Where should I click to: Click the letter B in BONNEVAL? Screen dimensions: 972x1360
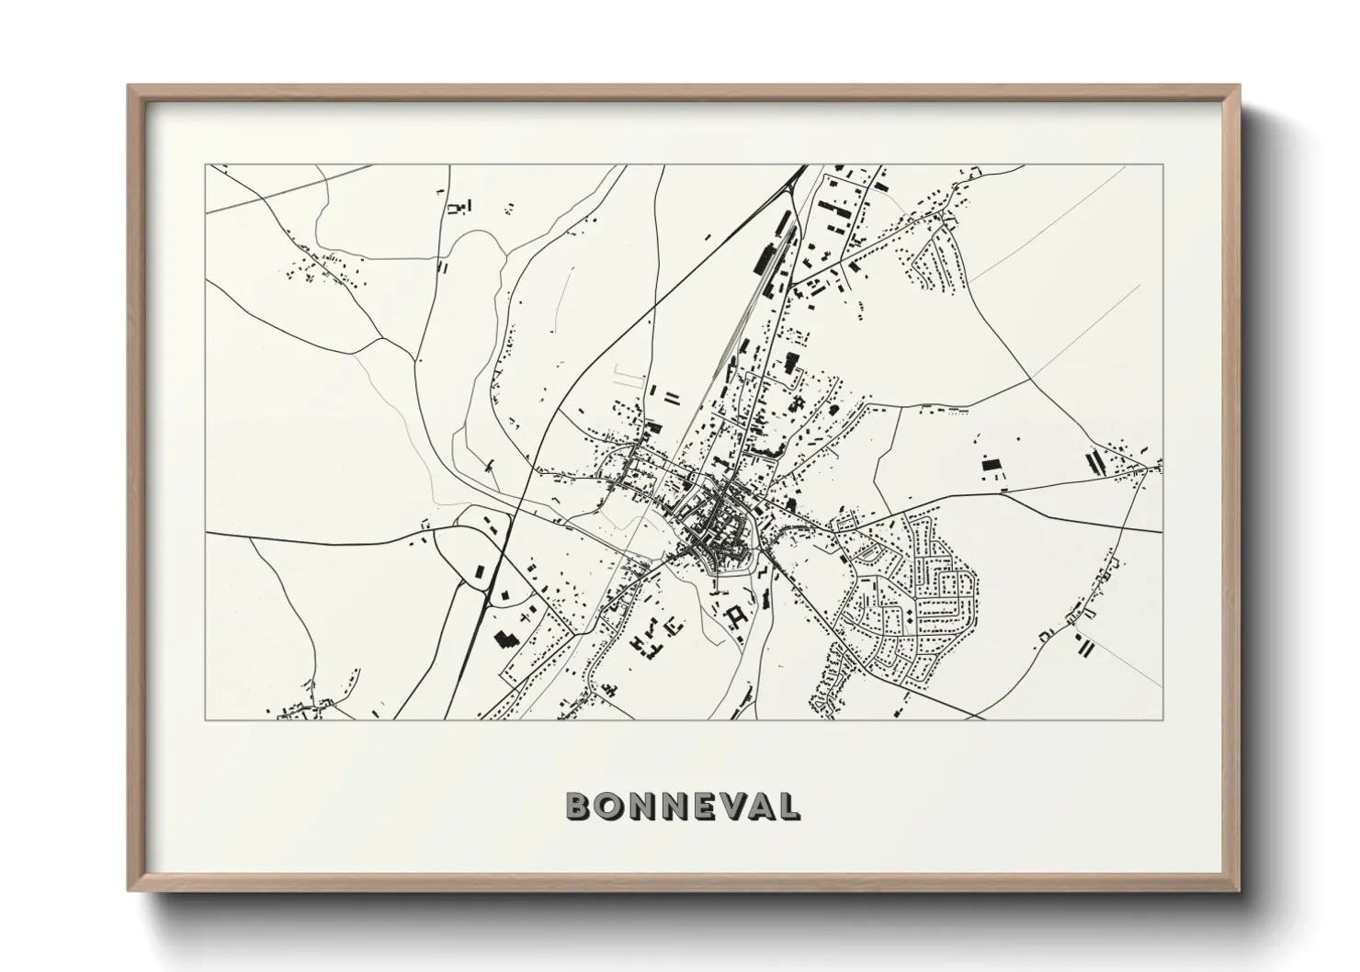click(x=579, y=807)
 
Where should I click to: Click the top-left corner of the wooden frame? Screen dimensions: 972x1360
click(x=130, y=86)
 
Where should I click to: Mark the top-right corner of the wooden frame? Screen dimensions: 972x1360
click(x=1238, y=86)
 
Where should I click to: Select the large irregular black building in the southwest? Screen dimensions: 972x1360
click(x=504, y=639)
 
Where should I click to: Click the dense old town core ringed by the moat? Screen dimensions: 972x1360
click(x=717, y=533)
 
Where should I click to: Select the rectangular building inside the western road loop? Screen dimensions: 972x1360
click(x=481, y=571)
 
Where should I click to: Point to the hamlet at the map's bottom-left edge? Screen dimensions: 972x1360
click(x=303, y=707)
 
